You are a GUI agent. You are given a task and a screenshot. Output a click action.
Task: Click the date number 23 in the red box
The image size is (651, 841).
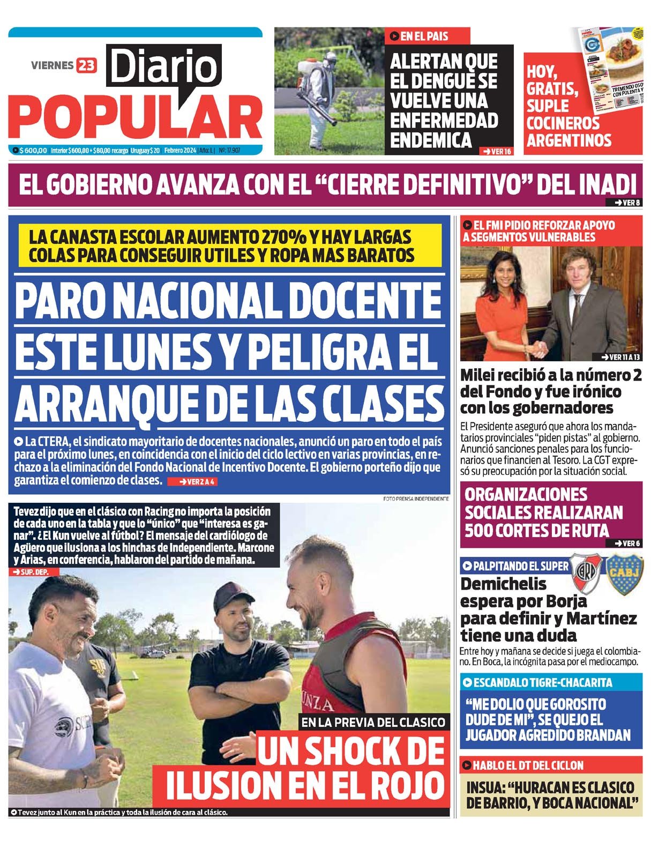tap(86, 65)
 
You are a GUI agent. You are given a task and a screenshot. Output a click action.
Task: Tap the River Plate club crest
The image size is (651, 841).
tap(586, 573)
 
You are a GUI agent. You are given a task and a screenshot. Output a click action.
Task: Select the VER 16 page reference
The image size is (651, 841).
tap(497, 152)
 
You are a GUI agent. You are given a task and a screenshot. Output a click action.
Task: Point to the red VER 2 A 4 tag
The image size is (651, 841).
tap(192, 481)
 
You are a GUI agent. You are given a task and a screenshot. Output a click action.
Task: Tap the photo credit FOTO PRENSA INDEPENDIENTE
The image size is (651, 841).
tap(416, 498)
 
